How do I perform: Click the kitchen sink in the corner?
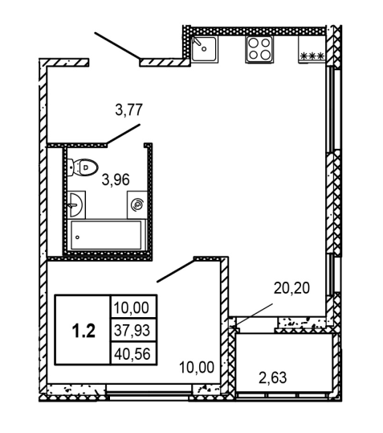click(205, 49)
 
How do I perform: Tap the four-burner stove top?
click(259, 49)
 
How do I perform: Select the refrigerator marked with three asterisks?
click(312, 49)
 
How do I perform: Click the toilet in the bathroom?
click(83, 167)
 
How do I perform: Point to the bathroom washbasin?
click(76, 205)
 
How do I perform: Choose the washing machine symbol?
click(137, 204)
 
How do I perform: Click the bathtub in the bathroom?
click(106, 235)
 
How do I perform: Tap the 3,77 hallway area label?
click(129, 109)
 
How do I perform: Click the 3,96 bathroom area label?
click(116, 179)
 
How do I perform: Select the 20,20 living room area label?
click(291, 288)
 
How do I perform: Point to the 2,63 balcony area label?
click(273, 377)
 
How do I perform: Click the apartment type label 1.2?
click(84, 331)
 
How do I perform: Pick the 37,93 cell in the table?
click(132, 330)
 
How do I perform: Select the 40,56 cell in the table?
click(132, 354)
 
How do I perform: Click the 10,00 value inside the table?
click(132, 307)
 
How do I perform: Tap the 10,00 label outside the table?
click(197, 367)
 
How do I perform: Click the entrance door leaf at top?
click(117, 46)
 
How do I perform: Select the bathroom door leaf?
click(124, 134)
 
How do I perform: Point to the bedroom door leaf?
click(176, 271)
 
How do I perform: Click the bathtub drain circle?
click(77, 237)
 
